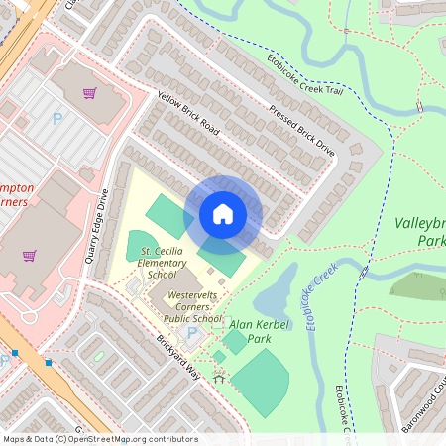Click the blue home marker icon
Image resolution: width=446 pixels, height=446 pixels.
point(223,213)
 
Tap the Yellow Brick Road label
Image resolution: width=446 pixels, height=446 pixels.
point(187,114)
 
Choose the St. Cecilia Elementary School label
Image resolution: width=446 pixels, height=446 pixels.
point(165,262)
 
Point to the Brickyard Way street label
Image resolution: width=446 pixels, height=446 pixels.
point(179,364)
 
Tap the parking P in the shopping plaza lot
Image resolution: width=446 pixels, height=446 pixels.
point(56,119)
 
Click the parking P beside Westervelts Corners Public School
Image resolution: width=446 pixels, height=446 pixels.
point(191,333)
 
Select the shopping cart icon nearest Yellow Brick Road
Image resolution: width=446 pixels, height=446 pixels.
point(89,94)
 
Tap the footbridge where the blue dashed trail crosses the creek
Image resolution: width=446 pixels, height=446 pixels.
point(364,270)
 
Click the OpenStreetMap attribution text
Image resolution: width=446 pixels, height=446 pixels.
point(100,438)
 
